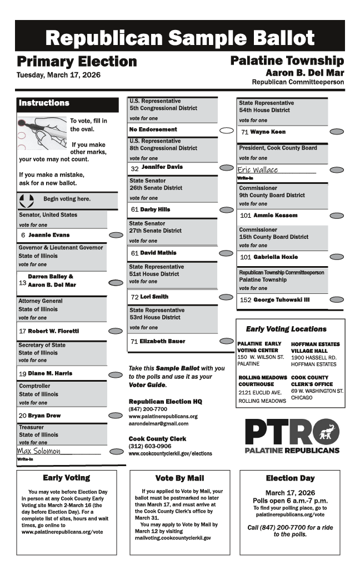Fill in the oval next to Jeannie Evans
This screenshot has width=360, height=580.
(116, 235)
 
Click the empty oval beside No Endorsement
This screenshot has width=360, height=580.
(226, 131)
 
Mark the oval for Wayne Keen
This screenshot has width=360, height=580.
(337, 132)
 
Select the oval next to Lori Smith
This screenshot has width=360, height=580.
(226, 297)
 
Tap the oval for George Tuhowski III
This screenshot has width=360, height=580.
(337, 300)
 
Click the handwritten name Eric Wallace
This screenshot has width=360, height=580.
(258, 170)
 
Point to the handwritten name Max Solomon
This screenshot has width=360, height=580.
(39, 451)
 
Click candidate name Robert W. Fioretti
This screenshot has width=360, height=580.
(53, 331)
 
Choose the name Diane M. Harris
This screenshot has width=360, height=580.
(50, 373)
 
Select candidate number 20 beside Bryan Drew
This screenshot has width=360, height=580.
(22, 416)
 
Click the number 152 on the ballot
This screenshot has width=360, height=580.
(246, 300)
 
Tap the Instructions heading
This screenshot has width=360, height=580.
(44, 103)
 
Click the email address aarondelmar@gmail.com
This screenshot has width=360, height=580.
(158, 423)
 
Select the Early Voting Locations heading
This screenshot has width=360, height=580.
(286, 329)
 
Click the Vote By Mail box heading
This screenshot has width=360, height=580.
(179, 478)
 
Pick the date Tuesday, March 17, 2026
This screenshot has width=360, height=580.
(58, 75)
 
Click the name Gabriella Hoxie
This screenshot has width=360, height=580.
(276, 257)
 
